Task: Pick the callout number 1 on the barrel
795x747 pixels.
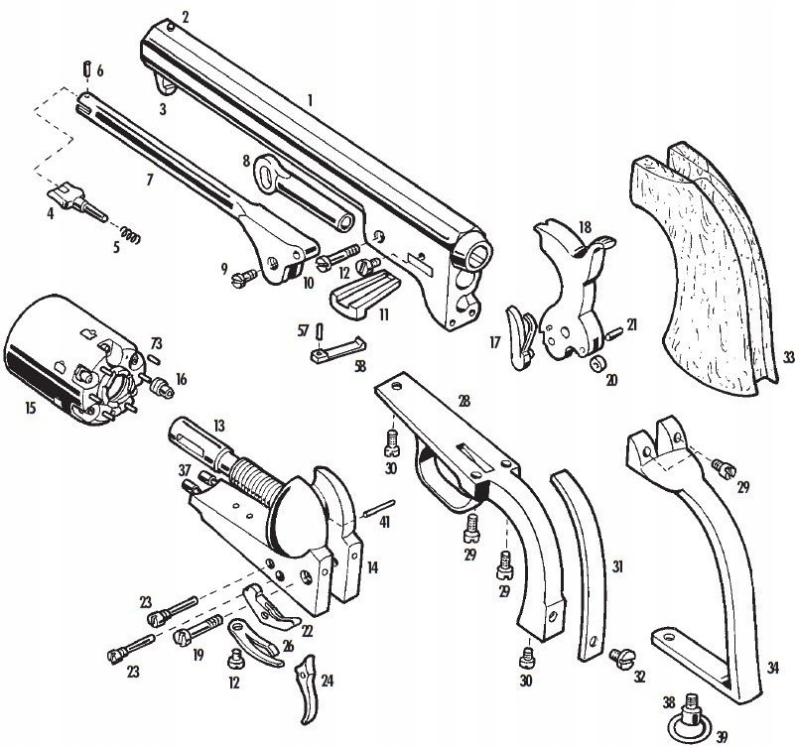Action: click(x=311, y=99)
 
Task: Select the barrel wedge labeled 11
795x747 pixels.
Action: click(x=358, y=296)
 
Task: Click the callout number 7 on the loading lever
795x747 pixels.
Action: click(x=150, y=180)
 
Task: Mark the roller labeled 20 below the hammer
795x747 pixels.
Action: click(x=597, y=365)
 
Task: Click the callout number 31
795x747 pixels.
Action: click(x=616, y=566)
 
